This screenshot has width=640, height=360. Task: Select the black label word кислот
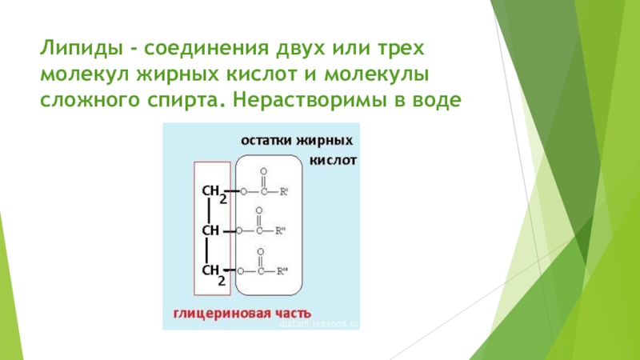pyautogui.click(x=338, y=159)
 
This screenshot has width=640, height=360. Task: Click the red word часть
pyautogui.click(x=290, y=311)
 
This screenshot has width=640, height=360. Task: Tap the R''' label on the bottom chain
pyautogui.click(x=282, y=271)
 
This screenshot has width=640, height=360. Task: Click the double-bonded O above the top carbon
pyautogui.click(x=264, y=172)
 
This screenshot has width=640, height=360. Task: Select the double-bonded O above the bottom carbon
pyautogui.click(x=258, y=252)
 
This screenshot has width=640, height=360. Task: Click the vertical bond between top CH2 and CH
pyautogui.click(x=209, y=212)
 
